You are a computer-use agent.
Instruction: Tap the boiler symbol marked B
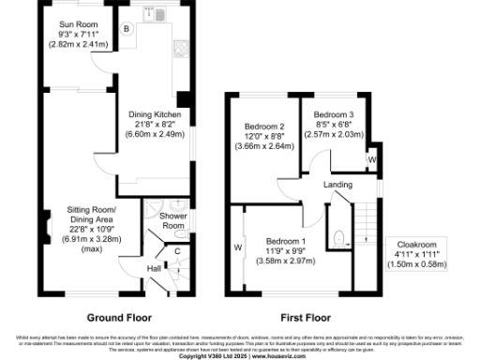[127, 28]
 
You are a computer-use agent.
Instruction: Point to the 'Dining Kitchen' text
[155, 114]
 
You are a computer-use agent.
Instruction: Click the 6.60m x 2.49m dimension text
[155, 134]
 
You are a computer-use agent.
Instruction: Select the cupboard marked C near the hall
[178, 250]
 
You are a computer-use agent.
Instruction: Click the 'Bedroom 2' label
[263, 126]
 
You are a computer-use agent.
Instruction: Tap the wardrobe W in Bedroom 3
[372, 159]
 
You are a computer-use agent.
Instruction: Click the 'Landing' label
[337, 186]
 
